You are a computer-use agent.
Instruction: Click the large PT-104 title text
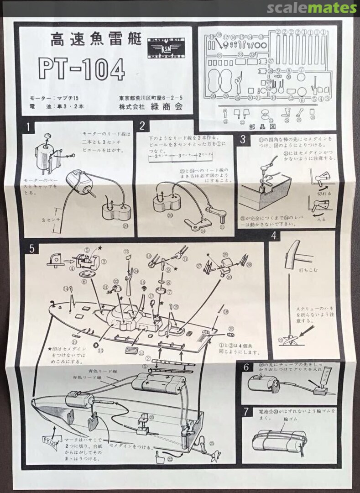[81, 68]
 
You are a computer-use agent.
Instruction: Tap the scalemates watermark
[312, 8]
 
